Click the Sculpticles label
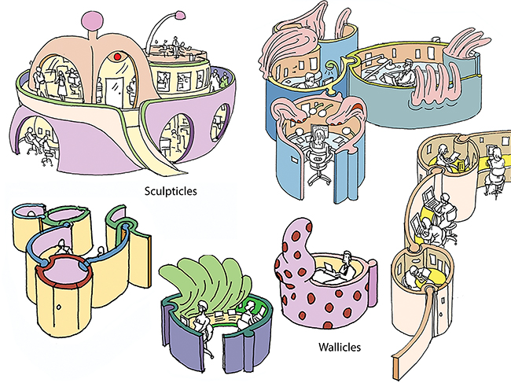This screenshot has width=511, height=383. pyautogui.click(x=171, y=191)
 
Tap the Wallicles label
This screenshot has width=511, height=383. pyautogui.click(x=340, y=347)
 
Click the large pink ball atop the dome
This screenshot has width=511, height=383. pyautogui.click(x=92, y=20)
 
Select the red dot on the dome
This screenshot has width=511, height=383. pyautogui.click(x=118, y=57)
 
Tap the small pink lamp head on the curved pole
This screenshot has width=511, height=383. pyautogui.click(x=179, y=15)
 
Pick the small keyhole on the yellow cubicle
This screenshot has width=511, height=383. pyautogui.click(x=59, y=307)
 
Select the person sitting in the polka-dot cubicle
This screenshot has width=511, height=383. pyautogui.click(x=344, y=265)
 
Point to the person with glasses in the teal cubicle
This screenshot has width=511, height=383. pyautogui.click(x=406, y=72)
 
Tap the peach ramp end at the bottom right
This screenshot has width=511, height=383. pyautogui.click(x=399, y=365)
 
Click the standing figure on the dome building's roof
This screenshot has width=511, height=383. pyautogui.click(x=176, y=47)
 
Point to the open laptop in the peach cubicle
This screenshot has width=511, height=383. pyautogui.click(x=429, y=200)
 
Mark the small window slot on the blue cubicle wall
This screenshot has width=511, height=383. pyautogui.click(x=294, y=160)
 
